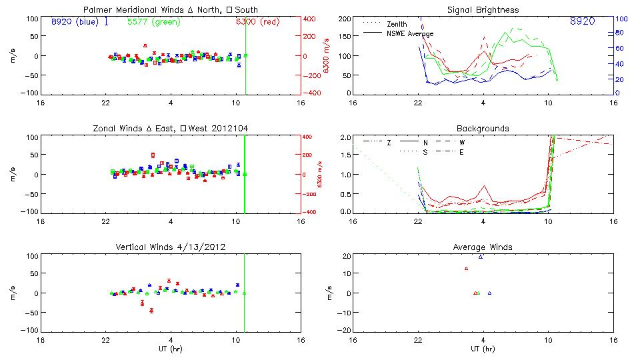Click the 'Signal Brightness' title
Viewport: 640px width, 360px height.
pyautogui.click(x=483, y=9)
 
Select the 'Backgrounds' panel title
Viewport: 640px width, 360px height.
pyautogui.click(x=483, y=128)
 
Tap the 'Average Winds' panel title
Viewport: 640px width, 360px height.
pyautogui.click(x=483, y=247)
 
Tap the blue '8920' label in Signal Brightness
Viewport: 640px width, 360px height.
pyautogui.click(x=582, y=22)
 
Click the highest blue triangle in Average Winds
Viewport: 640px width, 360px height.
pyautogui.click(x=480, y=257)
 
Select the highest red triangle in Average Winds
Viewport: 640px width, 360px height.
pyautogui.click(x=466, y=268)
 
